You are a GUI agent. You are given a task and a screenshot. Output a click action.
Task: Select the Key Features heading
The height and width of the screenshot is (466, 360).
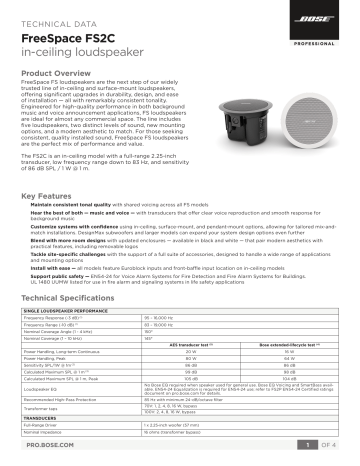click(x=50, y=197)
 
